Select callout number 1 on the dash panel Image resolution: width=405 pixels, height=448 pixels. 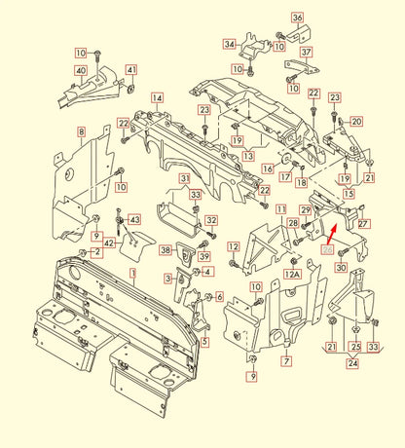click(134, 276)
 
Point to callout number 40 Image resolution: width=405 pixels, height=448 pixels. click(80, 70)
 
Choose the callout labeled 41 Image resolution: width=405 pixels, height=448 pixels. click(130, 70)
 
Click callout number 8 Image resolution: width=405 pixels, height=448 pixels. click(81, 131)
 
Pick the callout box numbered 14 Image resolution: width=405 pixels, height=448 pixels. click(157, 98)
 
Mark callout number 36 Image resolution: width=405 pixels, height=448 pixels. click(297, 19)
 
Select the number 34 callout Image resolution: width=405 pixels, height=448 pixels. click(229, 44)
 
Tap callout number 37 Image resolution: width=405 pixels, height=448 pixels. click(305, 52)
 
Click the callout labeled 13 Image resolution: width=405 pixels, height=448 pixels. click(248, 156)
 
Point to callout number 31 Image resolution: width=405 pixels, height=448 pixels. click(184, 178)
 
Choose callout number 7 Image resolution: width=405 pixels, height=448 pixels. click(286, 360)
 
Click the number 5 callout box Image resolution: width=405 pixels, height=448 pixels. click(204, 341)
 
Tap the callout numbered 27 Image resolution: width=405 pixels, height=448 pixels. click(364, 224)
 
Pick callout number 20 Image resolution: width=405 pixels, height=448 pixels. click(356, 122)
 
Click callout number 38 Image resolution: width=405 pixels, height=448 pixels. click(166, 250)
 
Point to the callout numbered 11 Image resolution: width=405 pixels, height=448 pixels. click(280, 209)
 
